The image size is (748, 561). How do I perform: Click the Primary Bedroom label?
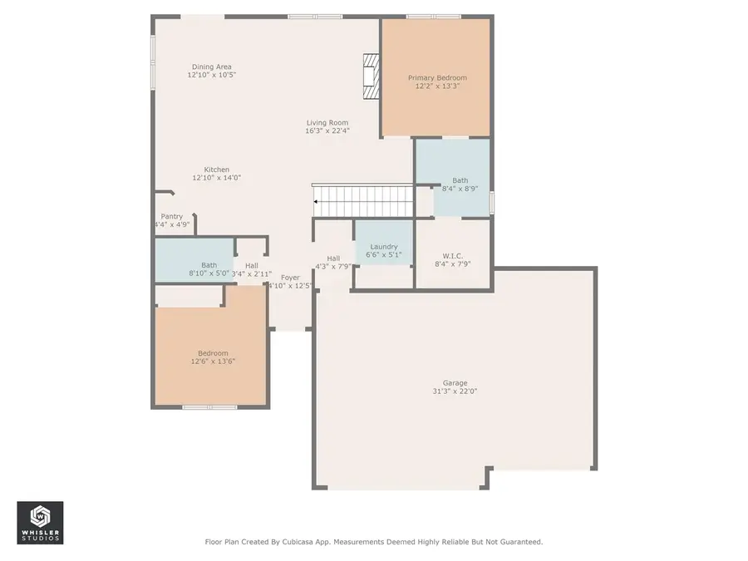(436, 78)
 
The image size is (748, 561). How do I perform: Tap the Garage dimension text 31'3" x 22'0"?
(455, 391)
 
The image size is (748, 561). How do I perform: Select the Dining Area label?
(211, 66)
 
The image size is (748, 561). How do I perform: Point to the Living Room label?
(327, 122)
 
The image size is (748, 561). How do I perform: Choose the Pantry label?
(171, 216)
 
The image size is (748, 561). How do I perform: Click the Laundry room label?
(384, 246)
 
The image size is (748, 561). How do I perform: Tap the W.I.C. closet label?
(453, 255)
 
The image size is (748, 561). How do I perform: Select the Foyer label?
(290, 278)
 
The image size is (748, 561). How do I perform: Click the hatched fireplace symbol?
(371, 76)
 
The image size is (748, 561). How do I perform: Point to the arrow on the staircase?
(317, 201)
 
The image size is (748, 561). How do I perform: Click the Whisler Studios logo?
(40, 523)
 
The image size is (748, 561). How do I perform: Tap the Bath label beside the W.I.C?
(460, 180)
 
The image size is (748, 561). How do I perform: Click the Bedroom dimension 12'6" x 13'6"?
(209, 362)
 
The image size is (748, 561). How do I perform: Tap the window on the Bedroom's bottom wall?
(209, 407)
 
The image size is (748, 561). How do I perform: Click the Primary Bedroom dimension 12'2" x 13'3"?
(436, 86)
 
